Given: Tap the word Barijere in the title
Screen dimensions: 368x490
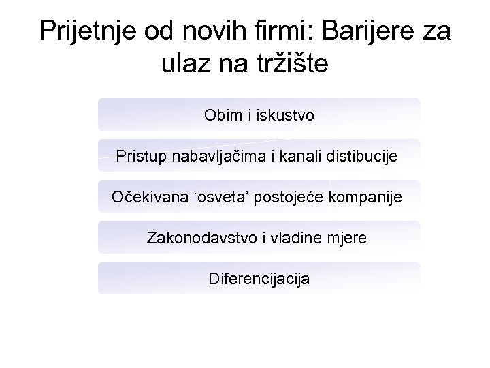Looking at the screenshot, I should click(363, 31).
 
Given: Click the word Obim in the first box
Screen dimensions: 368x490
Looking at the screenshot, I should click(221, 116).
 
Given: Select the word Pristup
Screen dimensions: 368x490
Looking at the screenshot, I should click(140, 157).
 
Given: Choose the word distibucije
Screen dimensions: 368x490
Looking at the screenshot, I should click(366, 157).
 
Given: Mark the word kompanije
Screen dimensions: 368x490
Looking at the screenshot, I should click(366, 198).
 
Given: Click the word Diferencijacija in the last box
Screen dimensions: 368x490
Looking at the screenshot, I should click(259, 279).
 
